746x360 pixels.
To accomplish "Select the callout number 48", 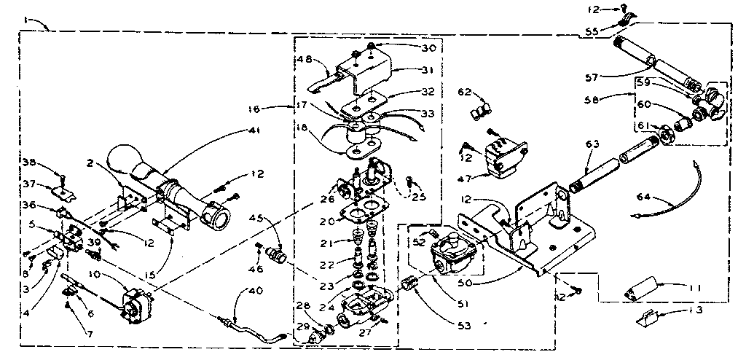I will click(x=305, y=60).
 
